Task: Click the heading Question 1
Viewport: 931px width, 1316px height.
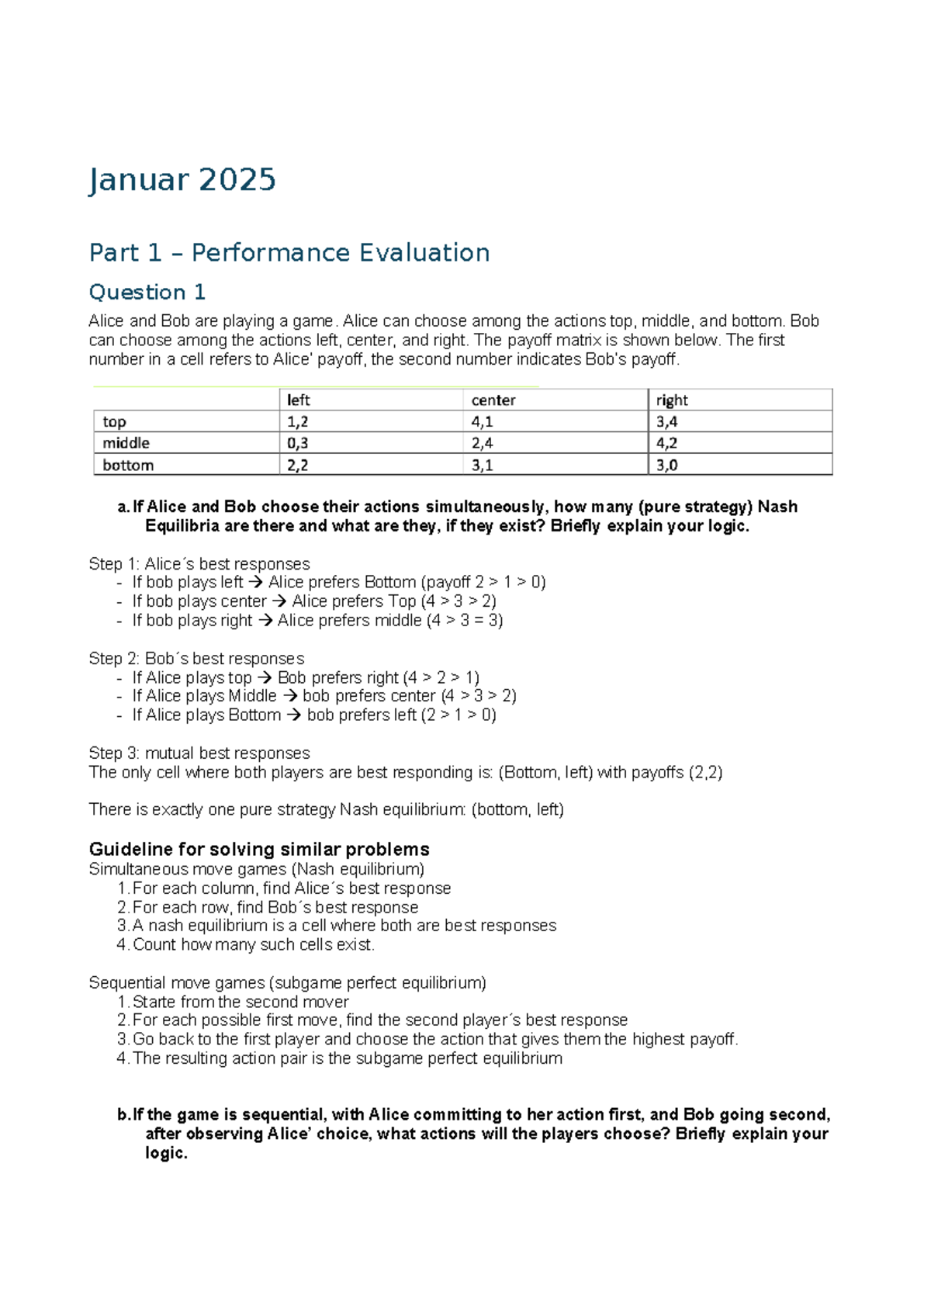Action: [147, 293]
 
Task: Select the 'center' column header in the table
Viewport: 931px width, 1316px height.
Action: [493, 400]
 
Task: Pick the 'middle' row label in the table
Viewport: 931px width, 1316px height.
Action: [126, 443]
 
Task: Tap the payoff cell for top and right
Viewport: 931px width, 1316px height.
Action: [666, 422]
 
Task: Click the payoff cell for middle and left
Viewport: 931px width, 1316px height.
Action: [297, 443]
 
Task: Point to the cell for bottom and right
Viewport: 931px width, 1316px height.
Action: [666, 466]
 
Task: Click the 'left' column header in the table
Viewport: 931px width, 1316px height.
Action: [299, 400]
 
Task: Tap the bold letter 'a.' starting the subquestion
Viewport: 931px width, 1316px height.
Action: [123, 507]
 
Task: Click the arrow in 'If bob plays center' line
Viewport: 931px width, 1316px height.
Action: [279, 601]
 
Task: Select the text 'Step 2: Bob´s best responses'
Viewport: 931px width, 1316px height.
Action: [196, 659]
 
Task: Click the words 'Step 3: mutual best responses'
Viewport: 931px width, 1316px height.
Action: [199, 753]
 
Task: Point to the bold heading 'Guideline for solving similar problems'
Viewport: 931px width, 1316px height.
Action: [259, 849]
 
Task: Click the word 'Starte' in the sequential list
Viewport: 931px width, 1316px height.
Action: [154, 1002]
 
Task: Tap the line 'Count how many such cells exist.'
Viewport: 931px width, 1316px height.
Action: [254, 945]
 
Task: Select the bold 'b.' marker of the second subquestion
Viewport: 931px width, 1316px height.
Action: [123, 1115]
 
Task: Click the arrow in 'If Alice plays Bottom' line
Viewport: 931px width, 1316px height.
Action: [294, 715]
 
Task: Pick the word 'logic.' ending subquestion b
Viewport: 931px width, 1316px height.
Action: [166, 1153]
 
